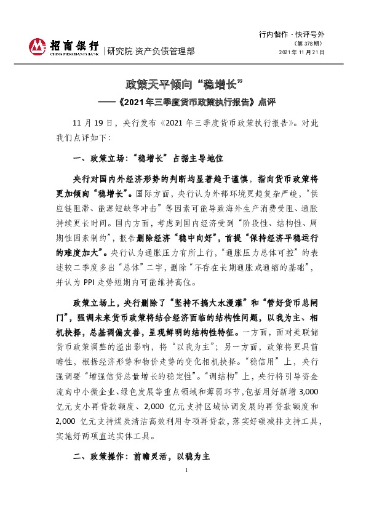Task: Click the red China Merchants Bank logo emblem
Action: point(38,47)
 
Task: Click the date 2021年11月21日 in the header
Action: point(302,53)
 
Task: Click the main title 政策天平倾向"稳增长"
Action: point(182,83)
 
